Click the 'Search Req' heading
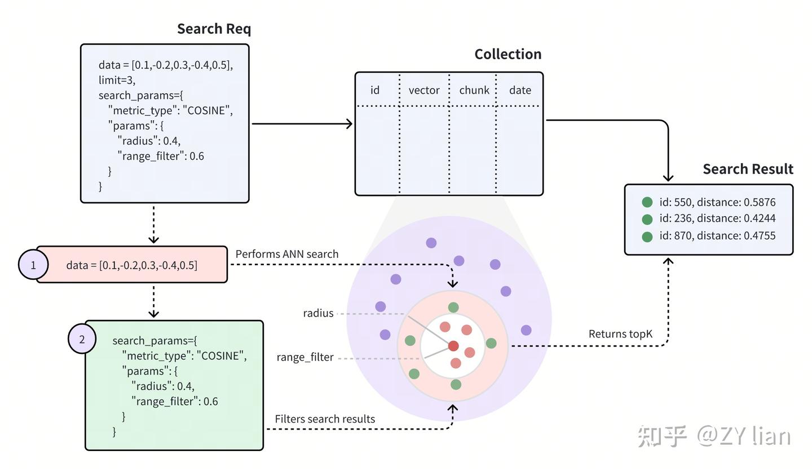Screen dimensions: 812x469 [214, 29]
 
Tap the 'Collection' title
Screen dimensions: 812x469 [508, 54]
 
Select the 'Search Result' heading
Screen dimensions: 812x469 [748, 169]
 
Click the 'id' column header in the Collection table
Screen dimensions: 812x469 [375, 90]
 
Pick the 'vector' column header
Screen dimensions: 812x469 [424, 90]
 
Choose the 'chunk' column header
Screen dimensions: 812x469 [474, 90]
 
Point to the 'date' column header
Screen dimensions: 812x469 [520, 90]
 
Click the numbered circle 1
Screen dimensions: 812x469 [33, 265]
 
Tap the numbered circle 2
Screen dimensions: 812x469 [82, 339]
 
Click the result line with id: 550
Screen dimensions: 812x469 [709, 202]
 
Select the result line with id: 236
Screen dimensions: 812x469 [709, 218]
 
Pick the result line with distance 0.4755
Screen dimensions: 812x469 [709, 236]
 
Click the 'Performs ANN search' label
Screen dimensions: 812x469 [286, 254]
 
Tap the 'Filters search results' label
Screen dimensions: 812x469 [325, 419]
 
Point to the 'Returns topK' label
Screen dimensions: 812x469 [620, 334]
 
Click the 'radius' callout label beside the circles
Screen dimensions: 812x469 [318, 313]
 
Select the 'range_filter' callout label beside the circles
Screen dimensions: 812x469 [305, 357]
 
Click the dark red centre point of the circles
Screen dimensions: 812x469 [453, 345]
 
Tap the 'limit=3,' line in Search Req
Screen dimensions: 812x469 [117, 80]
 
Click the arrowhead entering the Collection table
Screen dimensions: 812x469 [349, 124]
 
